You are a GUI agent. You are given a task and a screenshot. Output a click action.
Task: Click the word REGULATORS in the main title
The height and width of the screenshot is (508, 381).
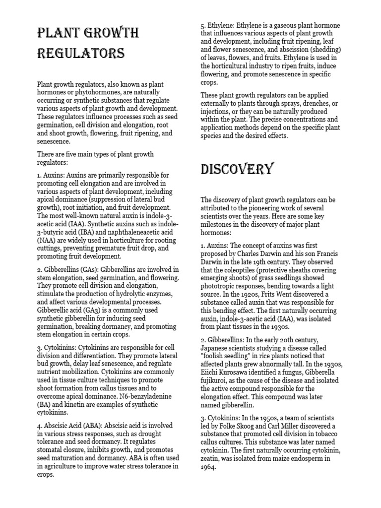81,53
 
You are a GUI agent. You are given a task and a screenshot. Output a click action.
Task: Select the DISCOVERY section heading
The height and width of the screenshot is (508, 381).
237,169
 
